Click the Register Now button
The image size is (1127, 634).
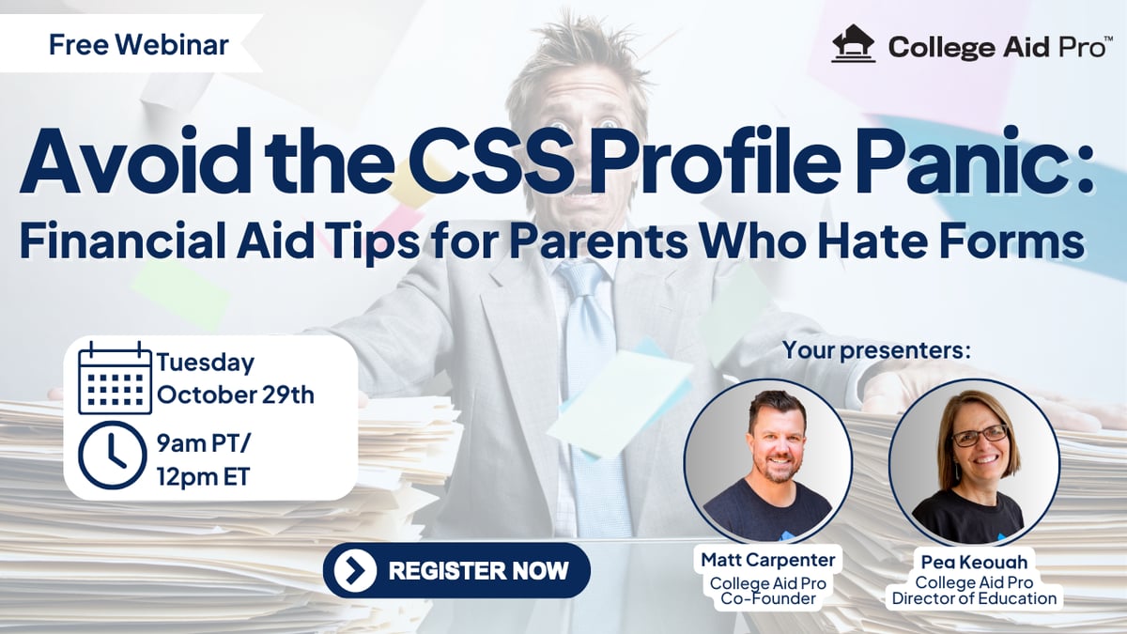[456, 570]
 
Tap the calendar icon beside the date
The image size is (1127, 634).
[115, 378]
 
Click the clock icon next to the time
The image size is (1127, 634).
[113, 456]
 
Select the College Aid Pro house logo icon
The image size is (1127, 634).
[854, 44]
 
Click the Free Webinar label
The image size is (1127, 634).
[139, 44]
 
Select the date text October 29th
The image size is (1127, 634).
[236, 395]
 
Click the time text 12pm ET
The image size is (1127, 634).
[203, 476]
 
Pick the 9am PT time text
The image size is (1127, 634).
[203, 443]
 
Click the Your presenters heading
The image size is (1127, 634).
[876, 350]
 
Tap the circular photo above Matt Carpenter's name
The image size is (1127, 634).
[768, 463]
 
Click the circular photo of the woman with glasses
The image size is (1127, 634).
[975, 463]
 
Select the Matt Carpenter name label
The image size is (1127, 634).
[768, 560]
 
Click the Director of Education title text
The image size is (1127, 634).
[974, 599]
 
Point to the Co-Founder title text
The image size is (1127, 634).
[768, 599]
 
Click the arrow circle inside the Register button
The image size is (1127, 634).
[355, 570]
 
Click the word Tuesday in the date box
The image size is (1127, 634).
[206, 363]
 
